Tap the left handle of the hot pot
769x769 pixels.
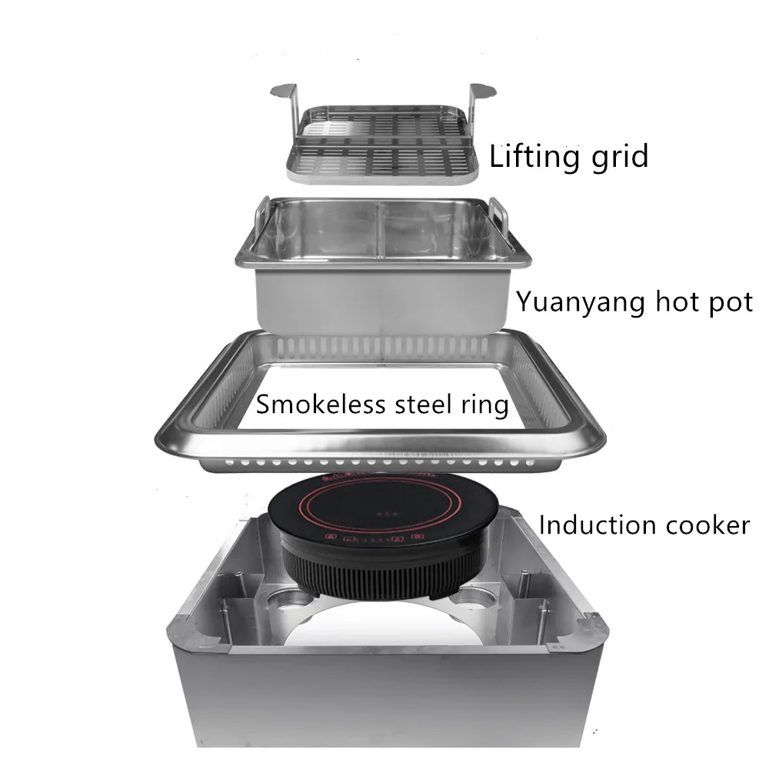coord(260,219)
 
